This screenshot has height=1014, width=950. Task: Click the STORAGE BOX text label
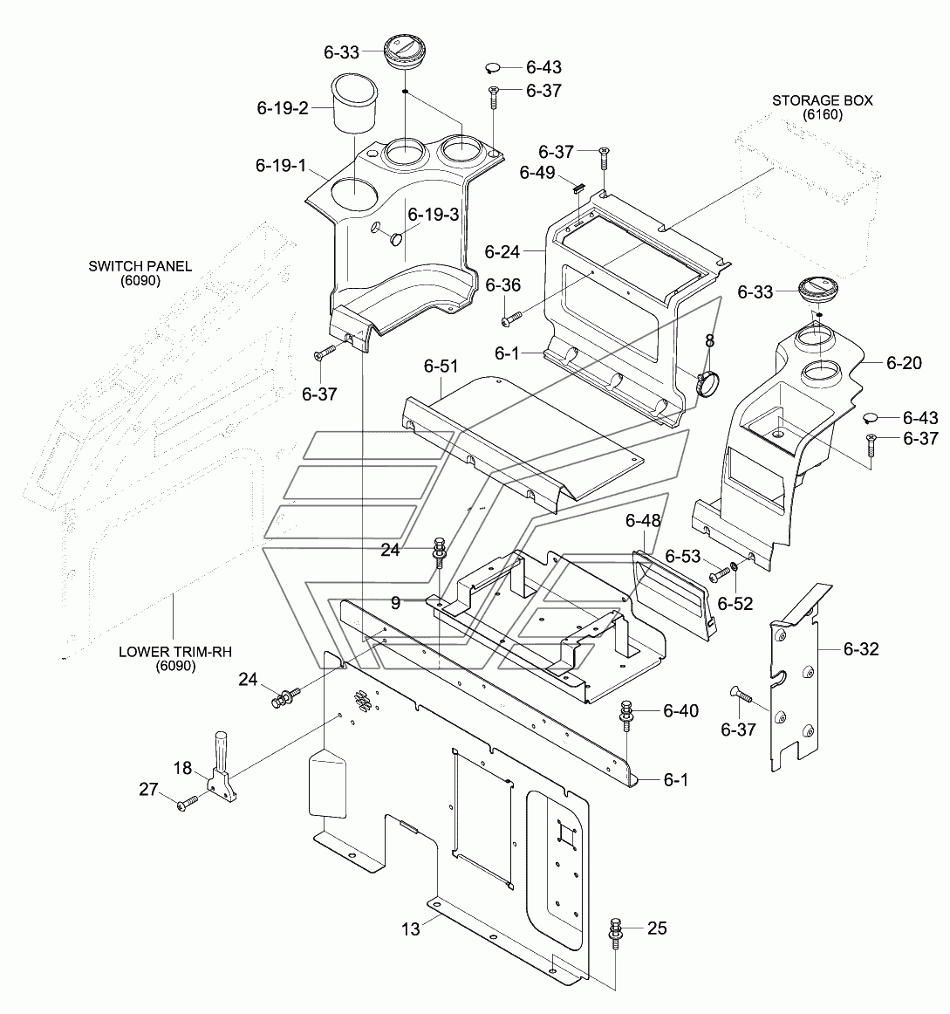click(822, 100)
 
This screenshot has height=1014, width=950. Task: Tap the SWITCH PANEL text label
click(140, 266)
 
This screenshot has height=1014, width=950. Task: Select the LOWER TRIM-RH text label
click(175, 651)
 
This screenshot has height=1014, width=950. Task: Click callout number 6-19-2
click(283, 108)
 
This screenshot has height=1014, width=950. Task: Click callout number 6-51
click(441, 366)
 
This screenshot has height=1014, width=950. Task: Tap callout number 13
click(411, 929)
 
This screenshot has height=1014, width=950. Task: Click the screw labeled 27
click(188, 804)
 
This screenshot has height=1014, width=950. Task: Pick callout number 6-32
click(861, 648)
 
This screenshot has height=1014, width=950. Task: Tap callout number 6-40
click(680, 710)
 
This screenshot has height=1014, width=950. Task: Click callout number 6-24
click(502, 251)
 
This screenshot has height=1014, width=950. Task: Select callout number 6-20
click(904, 363)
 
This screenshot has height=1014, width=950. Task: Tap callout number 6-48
click(643, 521)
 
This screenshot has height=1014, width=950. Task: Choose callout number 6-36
click(502, 285)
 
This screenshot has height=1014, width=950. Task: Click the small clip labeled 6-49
click(578, 188)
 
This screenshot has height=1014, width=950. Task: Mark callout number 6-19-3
click(434, 214)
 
